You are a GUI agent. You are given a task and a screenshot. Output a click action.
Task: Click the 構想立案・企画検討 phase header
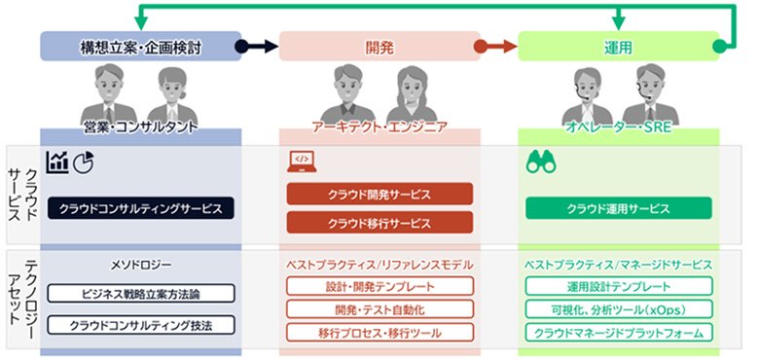click(141, 46)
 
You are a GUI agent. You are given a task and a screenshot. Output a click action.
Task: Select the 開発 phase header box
click(379, 46)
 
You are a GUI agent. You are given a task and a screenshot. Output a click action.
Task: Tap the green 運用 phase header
click(618, 46)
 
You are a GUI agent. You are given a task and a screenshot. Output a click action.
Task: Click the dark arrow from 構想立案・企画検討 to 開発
click(260, 46)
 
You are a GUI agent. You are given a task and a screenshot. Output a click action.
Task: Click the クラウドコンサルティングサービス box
click(140, 208)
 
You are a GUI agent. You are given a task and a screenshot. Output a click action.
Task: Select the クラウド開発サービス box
click(379, 195)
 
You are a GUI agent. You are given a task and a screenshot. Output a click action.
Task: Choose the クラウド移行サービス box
click(379, 223)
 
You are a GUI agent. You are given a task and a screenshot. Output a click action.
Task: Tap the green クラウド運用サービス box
click(618, 208)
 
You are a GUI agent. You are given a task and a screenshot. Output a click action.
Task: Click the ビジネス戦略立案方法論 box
click(140, 293)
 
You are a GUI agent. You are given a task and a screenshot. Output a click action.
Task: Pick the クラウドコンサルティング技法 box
click(140, 325)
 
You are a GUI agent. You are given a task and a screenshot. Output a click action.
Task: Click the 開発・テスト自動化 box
click(379, 309)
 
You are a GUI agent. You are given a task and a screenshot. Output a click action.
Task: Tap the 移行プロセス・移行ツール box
click(379, 333)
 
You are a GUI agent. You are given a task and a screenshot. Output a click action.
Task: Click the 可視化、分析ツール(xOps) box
click(618, 309)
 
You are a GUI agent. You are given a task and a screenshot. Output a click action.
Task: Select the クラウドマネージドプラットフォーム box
click(618, 333)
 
